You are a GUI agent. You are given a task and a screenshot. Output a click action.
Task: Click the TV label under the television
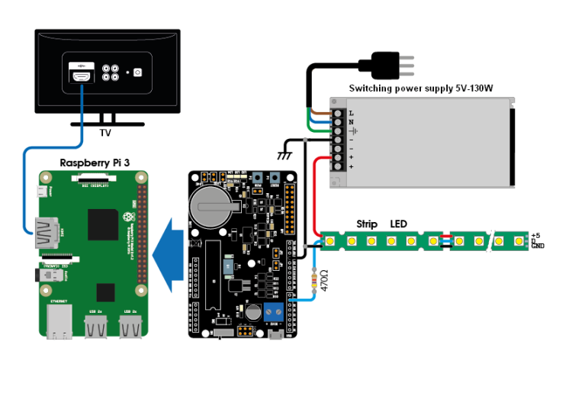(x=105, y=132)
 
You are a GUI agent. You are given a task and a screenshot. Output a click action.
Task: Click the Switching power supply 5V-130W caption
(x=421, y=89)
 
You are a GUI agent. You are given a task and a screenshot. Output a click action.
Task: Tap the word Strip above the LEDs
(x=368, y=224)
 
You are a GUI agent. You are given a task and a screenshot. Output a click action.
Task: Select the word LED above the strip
(x=399, y=224)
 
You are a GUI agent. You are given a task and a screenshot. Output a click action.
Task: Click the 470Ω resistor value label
(x=323, y=281)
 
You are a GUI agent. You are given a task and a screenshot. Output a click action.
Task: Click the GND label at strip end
(x=538, y=246)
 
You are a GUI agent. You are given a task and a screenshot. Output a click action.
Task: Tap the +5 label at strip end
(x=535, y=235)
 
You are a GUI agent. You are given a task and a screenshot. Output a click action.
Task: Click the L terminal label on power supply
(x=352, y=113)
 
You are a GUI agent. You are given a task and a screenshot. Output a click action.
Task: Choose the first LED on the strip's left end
(x=331, y=241)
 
